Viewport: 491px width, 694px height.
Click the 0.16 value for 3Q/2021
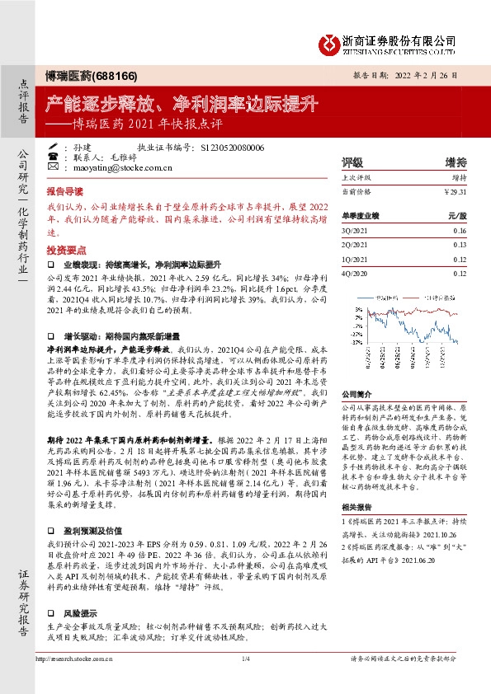click(460, 231)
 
